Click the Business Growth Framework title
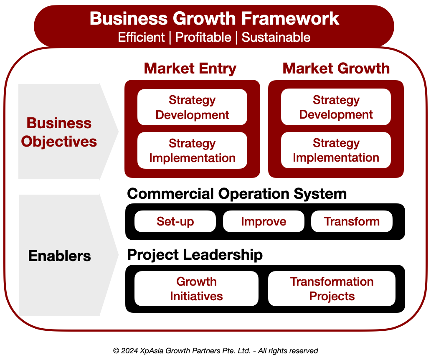point(214,19)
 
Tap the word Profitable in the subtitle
point(203,37)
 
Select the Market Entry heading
point(190,68)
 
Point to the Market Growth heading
point(336,68)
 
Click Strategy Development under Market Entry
point(192,107)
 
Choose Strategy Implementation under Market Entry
point(192,151)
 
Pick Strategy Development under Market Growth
point(336,107)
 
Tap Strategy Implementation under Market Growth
point(336,150)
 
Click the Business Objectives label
point(59,132)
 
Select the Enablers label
point(59,256)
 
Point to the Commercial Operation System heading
point(237,194)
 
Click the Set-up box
point(175,221)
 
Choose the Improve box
point(264,221)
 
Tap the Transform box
point(352,221)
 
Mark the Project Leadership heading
point(195,254)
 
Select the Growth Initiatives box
point(196,289)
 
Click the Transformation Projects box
point(332,289)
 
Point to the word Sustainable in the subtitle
point(276,37)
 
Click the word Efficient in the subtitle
point(141,37)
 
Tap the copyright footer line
point(215,351)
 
